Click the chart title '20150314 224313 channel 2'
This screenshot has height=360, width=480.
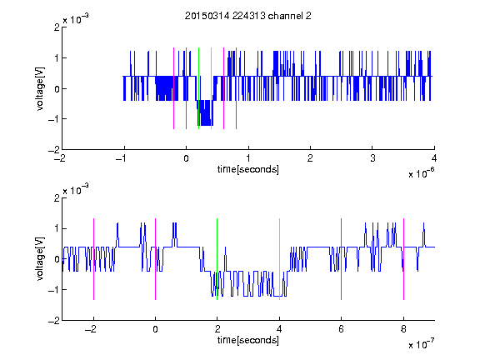click(248, 16)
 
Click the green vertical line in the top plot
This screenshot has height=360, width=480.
click(198, 88)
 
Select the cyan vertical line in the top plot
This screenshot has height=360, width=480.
click(211, 88)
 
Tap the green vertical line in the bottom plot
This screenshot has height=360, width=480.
click(217, 259)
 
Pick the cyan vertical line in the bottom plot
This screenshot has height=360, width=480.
click(279, 259)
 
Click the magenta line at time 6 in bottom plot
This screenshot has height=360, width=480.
click(342, 259)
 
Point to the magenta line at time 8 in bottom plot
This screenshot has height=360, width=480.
click(404, 259)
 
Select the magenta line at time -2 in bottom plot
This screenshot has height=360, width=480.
click(93, 259)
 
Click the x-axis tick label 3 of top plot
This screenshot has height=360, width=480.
click(372, 158)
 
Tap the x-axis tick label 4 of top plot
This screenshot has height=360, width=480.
click(434, 158)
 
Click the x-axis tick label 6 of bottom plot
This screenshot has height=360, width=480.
click(342, 329)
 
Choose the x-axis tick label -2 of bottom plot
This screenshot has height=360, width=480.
click(91, 329)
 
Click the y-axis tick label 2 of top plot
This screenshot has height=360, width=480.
click(57, 27)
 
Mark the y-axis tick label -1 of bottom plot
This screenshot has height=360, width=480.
click(54, 290)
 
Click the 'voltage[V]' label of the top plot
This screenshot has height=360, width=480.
click(40, 89)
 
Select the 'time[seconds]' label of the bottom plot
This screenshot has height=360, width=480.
click(248, 340)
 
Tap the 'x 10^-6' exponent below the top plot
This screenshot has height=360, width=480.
click(422, 172)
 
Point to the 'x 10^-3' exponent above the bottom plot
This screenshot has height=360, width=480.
click(76, 189)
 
